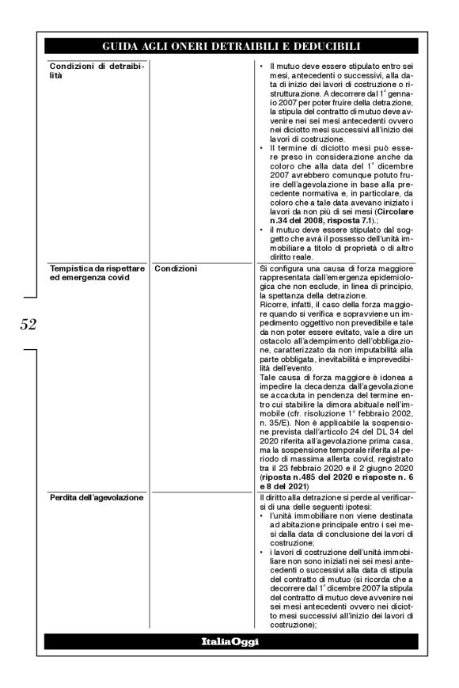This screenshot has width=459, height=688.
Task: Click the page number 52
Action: coord(26,324)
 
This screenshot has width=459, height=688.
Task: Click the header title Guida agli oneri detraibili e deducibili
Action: coord(229,46)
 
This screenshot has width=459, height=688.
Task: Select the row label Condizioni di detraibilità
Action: coord(86,69)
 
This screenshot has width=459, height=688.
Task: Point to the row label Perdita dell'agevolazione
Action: coord(93,498)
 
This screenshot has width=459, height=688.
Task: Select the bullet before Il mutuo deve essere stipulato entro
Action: coord(263,64)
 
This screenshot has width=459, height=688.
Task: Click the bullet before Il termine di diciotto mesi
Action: coord(263,148)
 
